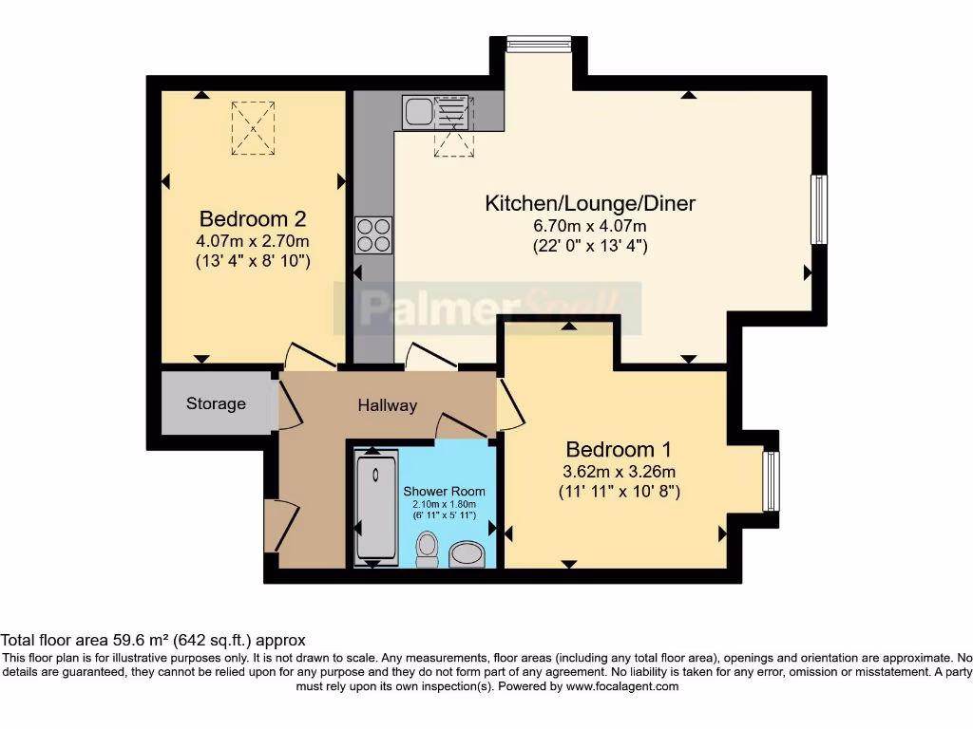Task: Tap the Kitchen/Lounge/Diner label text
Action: tap(590, 203)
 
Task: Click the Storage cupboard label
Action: tap(216, 403)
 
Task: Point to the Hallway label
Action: tap(387, 405)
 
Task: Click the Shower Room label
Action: tap(444, 491)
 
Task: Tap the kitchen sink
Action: tap(417, 112)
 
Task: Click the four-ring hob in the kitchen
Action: tap(373, 234)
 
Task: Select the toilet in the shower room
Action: tap(428, 548)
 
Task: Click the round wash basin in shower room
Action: tap(466, 552)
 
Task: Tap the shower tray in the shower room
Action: tap(375, 508)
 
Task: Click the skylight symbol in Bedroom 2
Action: tap(254, 128)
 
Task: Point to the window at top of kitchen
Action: tap(538, 44)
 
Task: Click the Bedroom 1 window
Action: tap(772, 481)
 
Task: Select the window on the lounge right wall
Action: tap(817, 210)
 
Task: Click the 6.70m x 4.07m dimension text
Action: tap(590, 226)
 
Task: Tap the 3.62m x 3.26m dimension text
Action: tap(618, 472)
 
